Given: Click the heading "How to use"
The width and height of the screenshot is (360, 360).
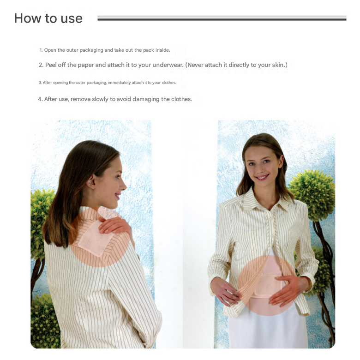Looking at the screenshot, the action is (48, 18).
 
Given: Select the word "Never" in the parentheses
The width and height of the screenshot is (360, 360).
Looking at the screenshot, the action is (195, 65).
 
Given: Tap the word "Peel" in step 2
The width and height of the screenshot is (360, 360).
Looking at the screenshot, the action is (51, 65).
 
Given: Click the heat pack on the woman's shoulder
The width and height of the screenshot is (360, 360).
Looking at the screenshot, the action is (95, 239).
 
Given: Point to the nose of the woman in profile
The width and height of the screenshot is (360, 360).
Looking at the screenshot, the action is (124, 186).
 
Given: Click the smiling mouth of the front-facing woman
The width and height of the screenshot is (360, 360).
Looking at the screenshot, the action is (262, 177).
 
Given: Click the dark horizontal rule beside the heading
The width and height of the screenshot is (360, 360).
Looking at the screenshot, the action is (222, 19).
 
